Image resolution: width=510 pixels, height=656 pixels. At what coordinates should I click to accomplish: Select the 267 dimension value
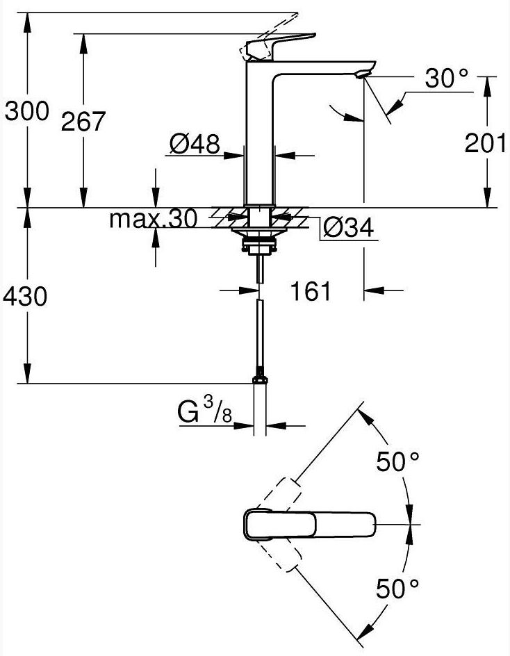coord(83,122)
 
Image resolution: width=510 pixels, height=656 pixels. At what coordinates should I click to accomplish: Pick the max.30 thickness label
coord(153,219)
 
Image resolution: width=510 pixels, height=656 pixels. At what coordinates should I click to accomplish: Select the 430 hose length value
coord(26,297)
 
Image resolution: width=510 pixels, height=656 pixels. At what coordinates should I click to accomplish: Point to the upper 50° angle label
coord(398,461)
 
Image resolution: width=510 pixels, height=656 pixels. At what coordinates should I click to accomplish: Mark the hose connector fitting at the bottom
coord(260,379)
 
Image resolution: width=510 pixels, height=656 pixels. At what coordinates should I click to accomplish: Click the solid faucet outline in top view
coord(309,524)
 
